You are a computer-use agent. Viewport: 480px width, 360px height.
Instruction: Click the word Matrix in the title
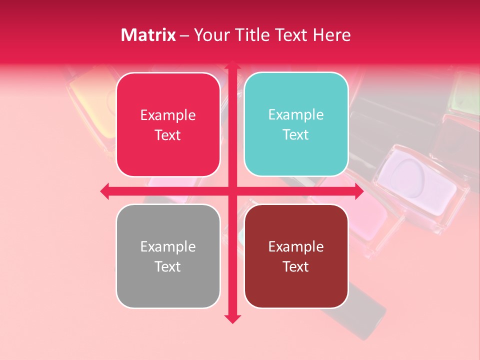[x=148, y=35]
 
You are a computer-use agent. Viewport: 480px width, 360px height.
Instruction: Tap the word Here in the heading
[x=332, y=35]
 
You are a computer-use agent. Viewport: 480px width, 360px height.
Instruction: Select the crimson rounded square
[x=168, y=124]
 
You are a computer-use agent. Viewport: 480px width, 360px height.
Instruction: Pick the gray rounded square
[x=168, y=256]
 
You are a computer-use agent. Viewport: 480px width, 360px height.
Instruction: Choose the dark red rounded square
[x=296, y=256]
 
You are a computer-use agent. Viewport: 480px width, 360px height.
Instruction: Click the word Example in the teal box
[x=296, y=114]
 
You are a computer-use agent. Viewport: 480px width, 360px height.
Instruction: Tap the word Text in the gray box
[x=168, y=266]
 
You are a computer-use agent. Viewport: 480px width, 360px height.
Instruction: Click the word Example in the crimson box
[x=168, y=115]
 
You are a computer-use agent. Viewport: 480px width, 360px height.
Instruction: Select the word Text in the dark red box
[x=296, y=266]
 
